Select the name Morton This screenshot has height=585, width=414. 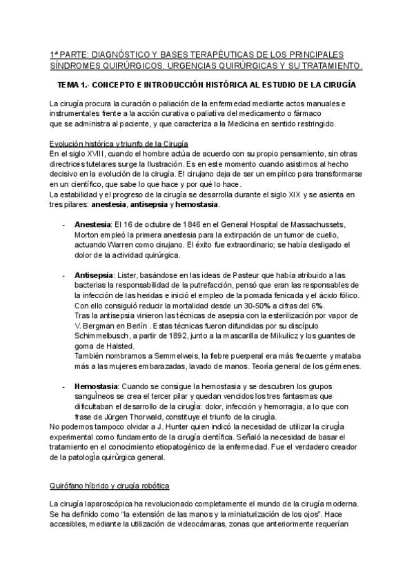[x=88, y=235]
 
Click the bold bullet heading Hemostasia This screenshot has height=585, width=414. [x=96, y=386]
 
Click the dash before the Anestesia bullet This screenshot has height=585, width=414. [x=64, y=226]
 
